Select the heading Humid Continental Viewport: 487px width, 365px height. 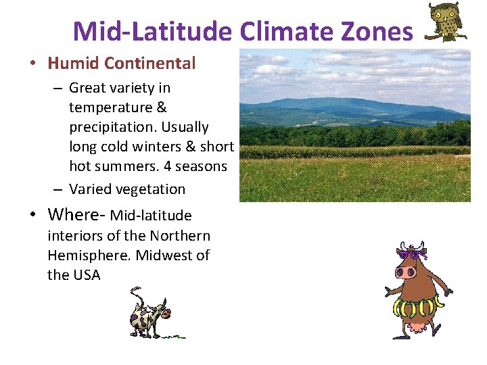pos(121,64)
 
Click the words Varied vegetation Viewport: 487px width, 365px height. pos(127,189)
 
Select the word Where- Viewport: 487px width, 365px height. pos(76,215)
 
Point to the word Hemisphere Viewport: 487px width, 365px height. pos(91,255)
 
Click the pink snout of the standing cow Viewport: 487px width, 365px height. pos(406,272)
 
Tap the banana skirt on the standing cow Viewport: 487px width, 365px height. pos(416,308)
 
